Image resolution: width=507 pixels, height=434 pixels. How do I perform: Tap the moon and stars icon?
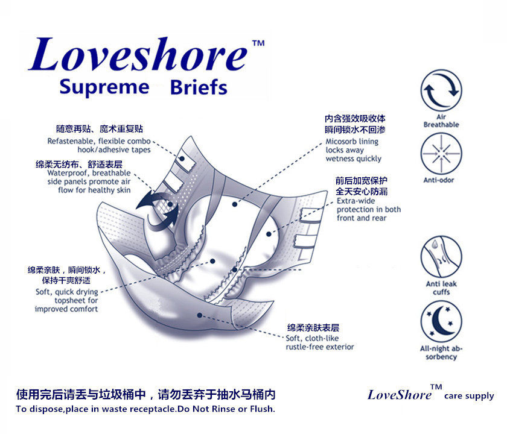coord(441,322)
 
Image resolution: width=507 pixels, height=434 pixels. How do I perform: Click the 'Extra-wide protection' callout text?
coord(368,209)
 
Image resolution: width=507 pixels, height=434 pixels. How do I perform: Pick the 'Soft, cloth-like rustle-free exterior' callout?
coord(320,342)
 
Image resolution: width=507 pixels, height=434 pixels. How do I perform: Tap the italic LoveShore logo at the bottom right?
coord(400,395)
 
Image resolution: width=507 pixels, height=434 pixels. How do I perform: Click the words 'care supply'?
coord(469,396)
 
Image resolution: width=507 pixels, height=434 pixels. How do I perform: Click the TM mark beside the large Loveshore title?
coord(258,43)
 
